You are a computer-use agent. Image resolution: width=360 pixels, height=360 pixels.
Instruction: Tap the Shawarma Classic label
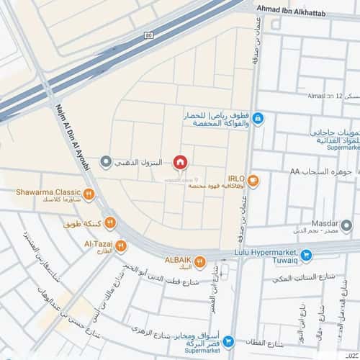(48, 192)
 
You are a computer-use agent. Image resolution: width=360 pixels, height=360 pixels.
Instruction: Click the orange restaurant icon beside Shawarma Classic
(88, 193)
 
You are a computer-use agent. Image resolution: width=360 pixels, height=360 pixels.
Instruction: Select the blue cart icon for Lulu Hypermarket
(306, 254)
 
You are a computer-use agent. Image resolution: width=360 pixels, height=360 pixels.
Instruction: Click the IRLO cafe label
(236, 178)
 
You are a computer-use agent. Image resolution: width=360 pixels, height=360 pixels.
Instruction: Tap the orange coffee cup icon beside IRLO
(253, 181)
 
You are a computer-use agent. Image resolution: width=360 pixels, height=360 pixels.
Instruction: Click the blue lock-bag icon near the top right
(258, 118)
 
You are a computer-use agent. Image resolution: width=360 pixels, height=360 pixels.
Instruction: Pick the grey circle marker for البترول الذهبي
(106, 161)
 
